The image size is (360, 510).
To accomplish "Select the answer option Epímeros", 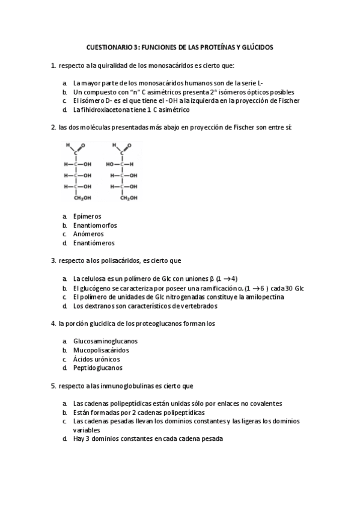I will click(87, 216).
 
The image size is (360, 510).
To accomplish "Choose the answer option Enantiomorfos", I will click(94, 225).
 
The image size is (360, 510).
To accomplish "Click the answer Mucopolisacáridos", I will click(101, 349).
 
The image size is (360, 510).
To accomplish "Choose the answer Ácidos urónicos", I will click(96, 358).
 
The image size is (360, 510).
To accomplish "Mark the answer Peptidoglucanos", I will click(97, 367).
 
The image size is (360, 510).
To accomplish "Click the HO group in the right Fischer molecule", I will click(110, 164).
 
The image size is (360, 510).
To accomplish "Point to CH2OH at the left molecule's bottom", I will click(82, 197).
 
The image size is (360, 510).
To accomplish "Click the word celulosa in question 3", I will click(96, 278).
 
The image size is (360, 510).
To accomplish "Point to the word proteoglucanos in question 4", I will click(160, 324).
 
